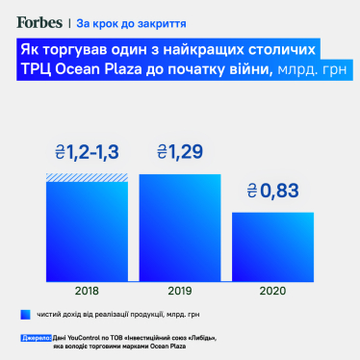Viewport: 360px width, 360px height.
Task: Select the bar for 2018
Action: (88, 231)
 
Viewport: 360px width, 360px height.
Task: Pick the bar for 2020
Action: (272, 244)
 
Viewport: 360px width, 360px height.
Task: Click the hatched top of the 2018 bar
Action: (88, 177)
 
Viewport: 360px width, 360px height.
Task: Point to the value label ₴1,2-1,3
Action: (88, 152)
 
